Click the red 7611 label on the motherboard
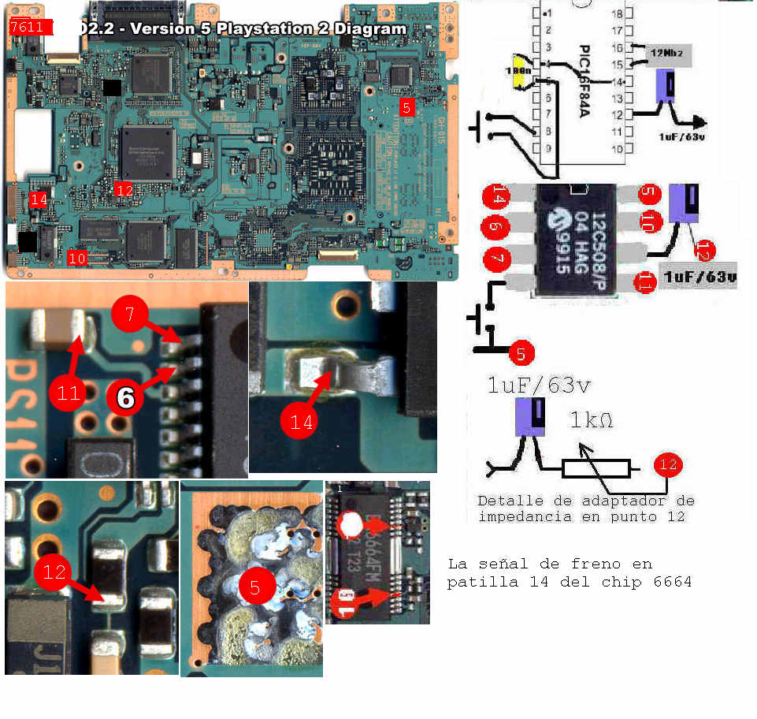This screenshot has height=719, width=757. pyautogui.click(x=30, y=28)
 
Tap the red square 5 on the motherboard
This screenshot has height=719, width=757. pyautogui.click(x=406, y=107)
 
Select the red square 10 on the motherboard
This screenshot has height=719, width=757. pyautogui.click(x=76, y=257)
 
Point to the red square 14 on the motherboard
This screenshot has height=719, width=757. pyautogui.click(x=38, y=199)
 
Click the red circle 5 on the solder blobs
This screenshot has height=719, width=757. pyautogui.click(x=254, y=585)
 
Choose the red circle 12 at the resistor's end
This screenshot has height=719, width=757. pyautogui.click(x=668, y=465)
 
